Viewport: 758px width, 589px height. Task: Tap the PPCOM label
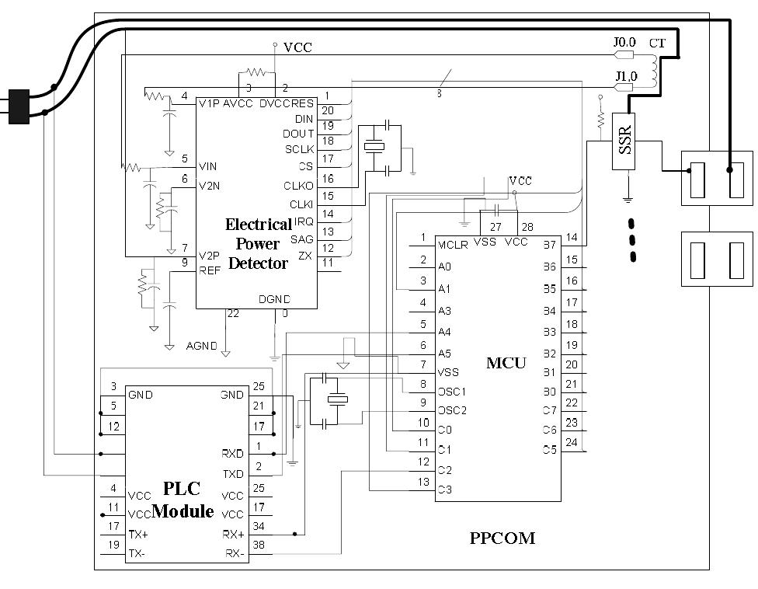tap(502, 538)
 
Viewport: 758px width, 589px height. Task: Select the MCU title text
tap(506, 363)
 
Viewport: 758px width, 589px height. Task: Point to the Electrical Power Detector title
tap(258, 244)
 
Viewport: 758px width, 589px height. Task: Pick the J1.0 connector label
tap(626, 76)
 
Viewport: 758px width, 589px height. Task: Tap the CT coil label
tap(657, 44)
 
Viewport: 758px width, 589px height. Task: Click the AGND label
tap(201, 345)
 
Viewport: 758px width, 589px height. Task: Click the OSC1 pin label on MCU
tap(451, 391)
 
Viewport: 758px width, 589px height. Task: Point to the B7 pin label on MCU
tap(549, 245)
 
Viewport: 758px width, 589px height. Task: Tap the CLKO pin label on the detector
tap(299, 185)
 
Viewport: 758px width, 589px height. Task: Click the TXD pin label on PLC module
tap(232, 473)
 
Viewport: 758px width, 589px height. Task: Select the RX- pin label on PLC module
tap(235, 553)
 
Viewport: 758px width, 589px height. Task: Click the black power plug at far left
tap(17, 106)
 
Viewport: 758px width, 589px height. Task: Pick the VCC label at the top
tap(297, 47)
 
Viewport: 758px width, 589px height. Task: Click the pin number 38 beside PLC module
tap(259, 545)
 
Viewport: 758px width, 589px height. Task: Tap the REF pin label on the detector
tap(210, 270)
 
